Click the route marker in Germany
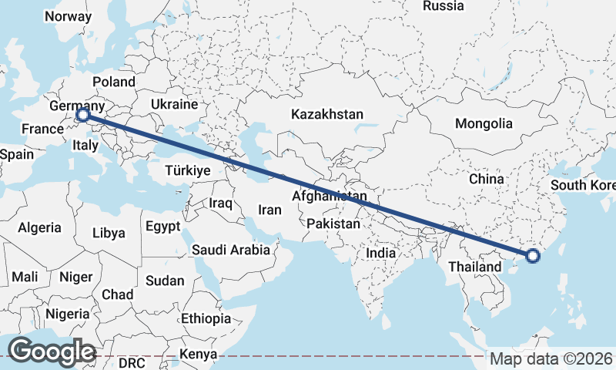(x=83, y=116)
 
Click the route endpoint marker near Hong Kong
(x=533, y=256)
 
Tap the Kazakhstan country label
(x=327, y=114)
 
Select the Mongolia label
(x=484, y=123)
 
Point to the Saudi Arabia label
(x=231, y=250)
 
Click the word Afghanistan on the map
(x=330, y=197)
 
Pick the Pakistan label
(x=333, y=224)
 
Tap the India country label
(x=381, y=253)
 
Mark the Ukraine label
(x=174, y=103)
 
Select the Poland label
(x=113, y=82)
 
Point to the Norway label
(x=68, y=16)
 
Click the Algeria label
(x=39, y=227)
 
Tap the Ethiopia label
(x=206, y=318)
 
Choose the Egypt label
(x=162, y=227)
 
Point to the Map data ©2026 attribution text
(x=551, y=358)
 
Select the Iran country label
(x=269, y=209)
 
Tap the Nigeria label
(x=68, y=314)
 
